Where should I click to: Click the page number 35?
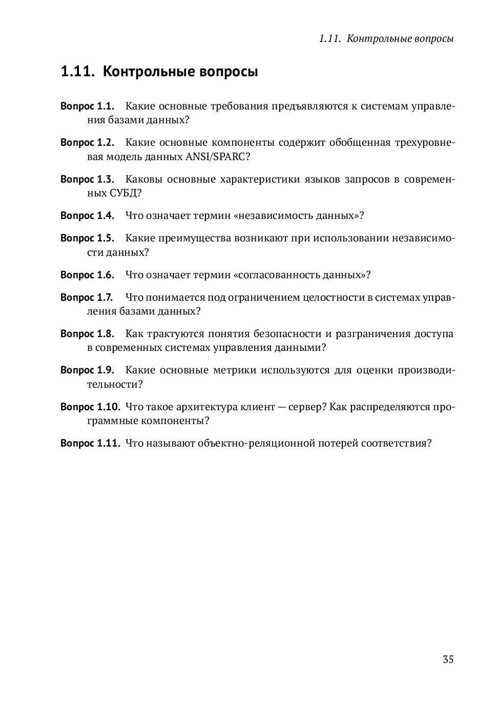tap(448, 659)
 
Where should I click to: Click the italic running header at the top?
tap(386, 39)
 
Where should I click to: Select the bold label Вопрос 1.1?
tap(87, 106)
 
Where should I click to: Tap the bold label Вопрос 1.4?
tap(87, 215)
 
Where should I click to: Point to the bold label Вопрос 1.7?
tap(86, 297)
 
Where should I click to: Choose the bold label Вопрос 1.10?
tap(90, 407)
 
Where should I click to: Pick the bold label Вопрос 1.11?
tap(90, 443)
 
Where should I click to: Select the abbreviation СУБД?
tap(125, 193)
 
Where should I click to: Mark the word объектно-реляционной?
tap(256, 443)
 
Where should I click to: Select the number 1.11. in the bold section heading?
tap(77, 72)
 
